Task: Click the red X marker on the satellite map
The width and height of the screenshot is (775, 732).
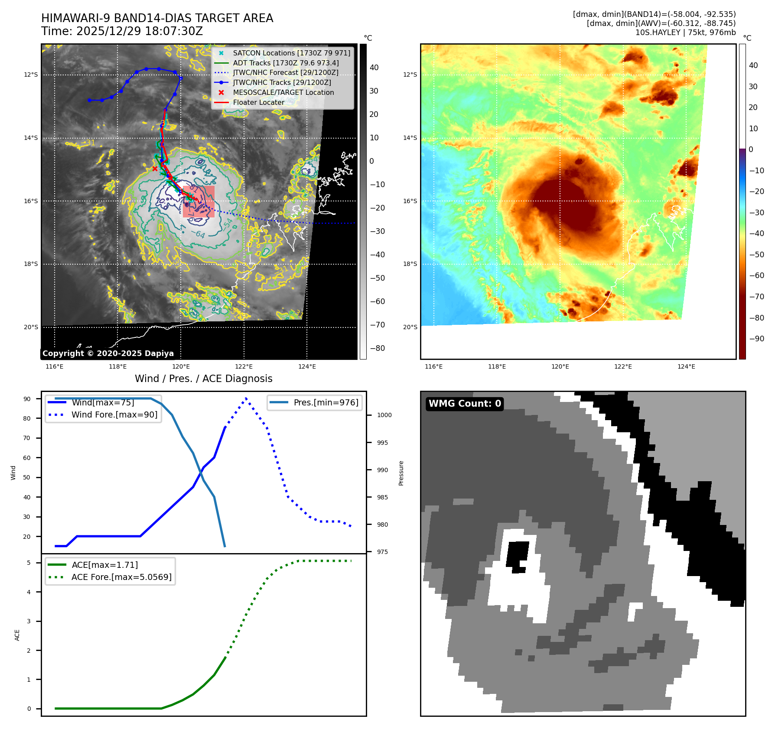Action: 155,168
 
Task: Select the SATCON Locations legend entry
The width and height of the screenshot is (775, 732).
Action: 291,53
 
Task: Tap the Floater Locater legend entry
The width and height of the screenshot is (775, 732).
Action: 258,103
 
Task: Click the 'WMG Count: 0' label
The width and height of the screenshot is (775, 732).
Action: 465,404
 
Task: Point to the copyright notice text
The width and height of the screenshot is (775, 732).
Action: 108,353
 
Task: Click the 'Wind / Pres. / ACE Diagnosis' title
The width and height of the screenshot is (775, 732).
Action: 203,379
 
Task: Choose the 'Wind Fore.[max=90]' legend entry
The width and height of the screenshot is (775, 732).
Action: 114,415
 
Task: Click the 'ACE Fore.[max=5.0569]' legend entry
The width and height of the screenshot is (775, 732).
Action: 121,577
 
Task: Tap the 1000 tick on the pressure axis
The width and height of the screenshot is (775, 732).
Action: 384,415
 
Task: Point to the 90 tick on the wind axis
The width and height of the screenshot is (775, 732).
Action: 27,399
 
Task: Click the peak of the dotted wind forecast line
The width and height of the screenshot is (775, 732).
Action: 246,398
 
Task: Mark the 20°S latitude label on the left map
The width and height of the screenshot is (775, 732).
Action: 31,327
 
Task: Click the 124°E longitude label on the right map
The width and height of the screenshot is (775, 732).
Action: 686,366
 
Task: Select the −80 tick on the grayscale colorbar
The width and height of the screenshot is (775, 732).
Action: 377,348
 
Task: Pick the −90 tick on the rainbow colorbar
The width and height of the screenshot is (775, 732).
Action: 756,339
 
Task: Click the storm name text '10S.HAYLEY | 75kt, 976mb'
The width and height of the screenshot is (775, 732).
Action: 685,32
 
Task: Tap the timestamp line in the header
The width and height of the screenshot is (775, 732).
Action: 122,31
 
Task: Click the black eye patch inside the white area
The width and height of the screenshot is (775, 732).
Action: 518,556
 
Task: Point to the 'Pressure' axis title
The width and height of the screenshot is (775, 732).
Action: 401,473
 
